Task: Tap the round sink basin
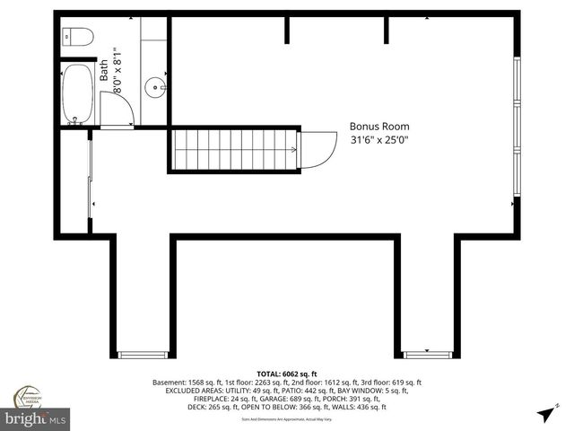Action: click(x=157, y=88)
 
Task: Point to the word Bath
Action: click(x=103, y=71)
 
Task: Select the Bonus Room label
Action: click(x=378, y=127)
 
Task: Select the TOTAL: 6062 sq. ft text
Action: click(x=287, y=374)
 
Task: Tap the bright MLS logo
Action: click(x=36, y=418)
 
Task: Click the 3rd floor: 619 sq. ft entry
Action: click(x=387, y=383)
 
